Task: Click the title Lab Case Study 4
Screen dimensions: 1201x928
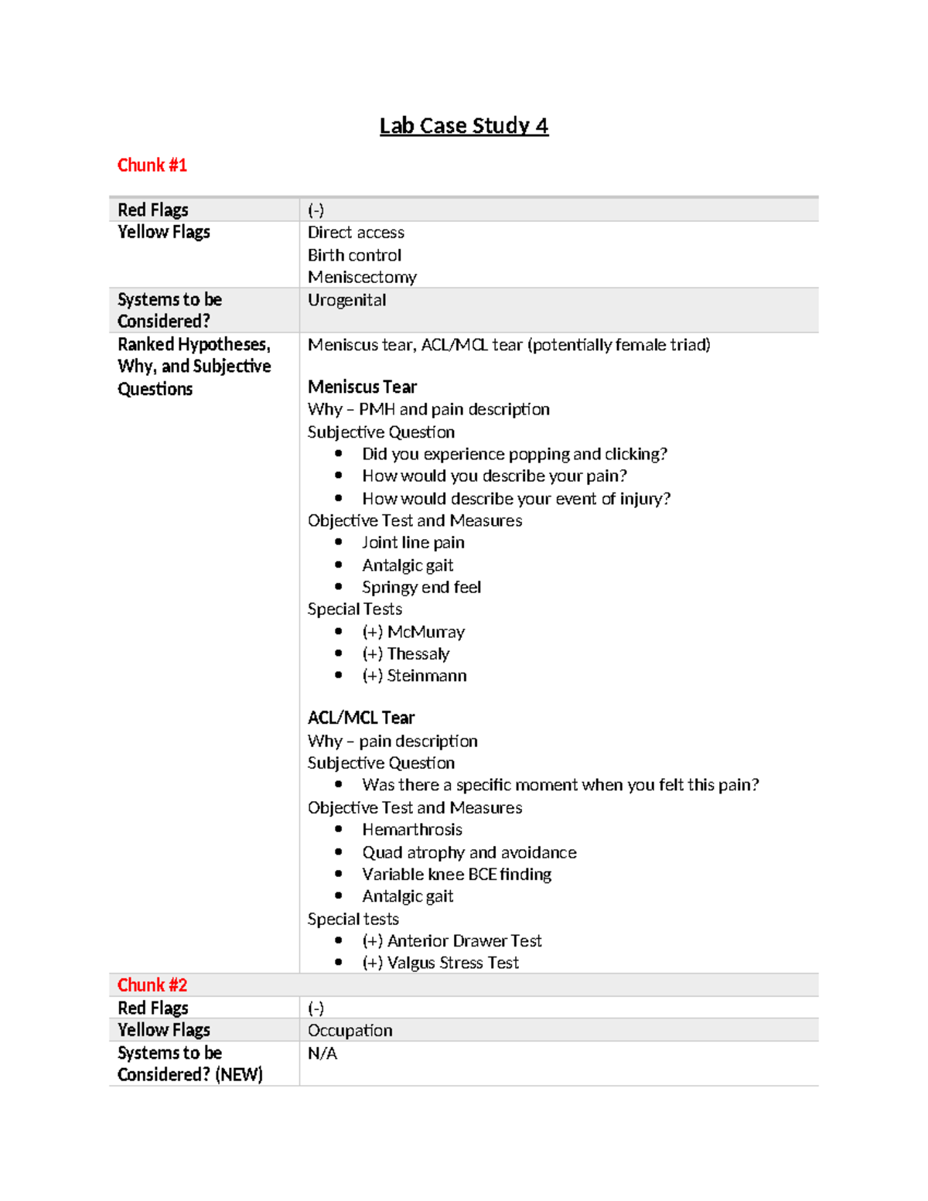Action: coord(463,126)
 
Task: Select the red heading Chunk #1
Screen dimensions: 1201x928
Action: coord(152,165)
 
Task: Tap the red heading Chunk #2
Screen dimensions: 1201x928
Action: coord(152,984)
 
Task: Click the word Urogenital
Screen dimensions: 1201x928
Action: coord(346,300)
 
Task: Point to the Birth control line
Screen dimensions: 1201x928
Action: coord(354,255)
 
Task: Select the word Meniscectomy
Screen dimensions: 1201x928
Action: coord(362,277)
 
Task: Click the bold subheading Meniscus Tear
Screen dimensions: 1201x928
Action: coord(362,387)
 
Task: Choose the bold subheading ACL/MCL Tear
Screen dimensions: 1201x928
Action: coord(361,718)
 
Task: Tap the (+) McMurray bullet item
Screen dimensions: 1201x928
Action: coord(413,632)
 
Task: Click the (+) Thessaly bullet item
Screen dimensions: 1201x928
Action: coord(405,653)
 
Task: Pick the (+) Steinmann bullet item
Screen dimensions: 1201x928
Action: coord(414,676)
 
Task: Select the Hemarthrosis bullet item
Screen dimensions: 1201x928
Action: coord(412,830)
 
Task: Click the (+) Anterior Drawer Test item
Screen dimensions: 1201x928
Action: coord(452,941)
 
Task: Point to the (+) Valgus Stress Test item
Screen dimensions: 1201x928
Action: coord(440,963)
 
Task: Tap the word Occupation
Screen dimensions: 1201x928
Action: coord(350,1030)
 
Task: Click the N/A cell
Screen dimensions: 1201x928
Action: coord(322,1053)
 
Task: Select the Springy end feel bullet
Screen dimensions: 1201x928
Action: coord(421,588)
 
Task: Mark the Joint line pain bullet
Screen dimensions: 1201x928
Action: coord(413,543)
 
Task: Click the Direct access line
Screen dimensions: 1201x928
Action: coord(356,233)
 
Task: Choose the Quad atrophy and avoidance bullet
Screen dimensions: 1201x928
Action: coord(469,852)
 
